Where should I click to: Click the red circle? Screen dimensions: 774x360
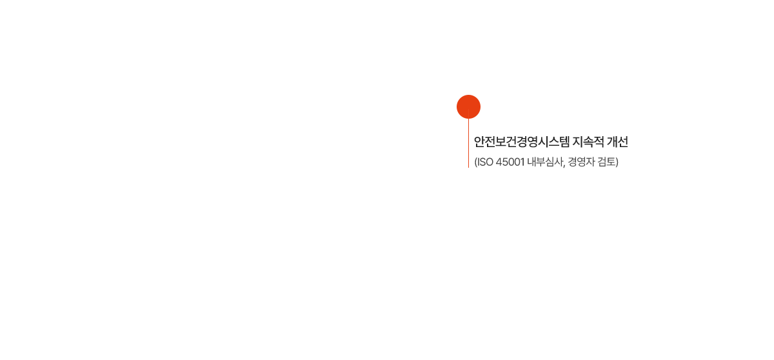(x=468, y=106)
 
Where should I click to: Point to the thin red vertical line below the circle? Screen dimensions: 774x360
(x=468, y=143)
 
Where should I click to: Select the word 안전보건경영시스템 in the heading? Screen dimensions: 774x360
(x=521, y=142)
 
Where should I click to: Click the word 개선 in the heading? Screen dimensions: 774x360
(x=618, y=142)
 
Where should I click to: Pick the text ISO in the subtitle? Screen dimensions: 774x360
(x=485, y=162)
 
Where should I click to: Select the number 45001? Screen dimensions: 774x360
(x=510, y=162)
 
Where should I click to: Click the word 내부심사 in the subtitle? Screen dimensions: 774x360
(x=545, y=162)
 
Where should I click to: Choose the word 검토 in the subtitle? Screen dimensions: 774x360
(x=606, y=162)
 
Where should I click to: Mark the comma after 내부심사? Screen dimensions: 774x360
(x=564, y=166)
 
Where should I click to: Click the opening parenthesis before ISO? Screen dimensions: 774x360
(x=475, y=162)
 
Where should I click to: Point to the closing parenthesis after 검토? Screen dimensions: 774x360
(x=617, y=162)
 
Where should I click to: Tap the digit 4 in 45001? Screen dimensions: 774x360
(x=499, y=162)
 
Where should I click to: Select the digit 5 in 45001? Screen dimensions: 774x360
(x=505, y=162)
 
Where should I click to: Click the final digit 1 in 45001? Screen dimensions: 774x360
(x=522, y=162)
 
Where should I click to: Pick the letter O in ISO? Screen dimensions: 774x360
(x=489, y=162)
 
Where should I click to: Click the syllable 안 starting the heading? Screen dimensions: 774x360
(x=479, y=142)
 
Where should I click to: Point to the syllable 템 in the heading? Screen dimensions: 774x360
(x=564, y=142)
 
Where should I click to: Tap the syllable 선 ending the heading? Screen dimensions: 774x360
(x=623, y=142)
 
